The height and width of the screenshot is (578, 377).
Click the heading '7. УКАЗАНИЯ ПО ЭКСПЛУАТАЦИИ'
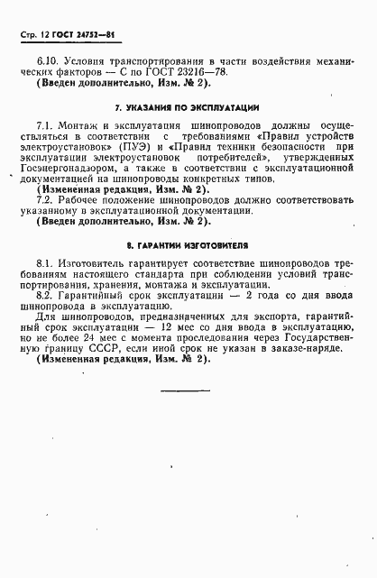tap(179, 107)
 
